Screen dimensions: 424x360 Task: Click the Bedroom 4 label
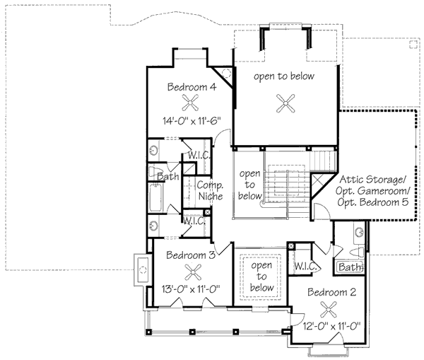click(192, 87)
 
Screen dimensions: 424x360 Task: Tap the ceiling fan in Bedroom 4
click(190, 103)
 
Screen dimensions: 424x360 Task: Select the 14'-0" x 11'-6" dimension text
click(192, 121)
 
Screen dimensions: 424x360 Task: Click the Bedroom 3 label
click(191, 255)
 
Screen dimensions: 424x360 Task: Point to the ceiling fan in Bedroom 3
click(193, 272)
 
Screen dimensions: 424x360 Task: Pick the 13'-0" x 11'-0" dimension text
click(190, 289)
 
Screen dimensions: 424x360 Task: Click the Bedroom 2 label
click(332, 292)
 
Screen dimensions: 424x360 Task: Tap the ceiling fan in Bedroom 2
click(329, 309)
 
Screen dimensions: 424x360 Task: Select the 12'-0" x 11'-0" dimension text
click(332, 326)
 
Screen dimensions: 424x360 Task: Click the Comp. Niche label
click(211, 190)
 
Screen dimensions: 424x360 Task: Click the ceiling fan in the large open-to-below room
click(285, 103)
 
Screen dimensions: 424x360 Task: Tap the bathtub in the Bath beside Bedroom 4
click(155, 197)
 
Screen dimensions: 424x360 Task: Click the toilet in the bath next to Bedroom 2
click(356, 252)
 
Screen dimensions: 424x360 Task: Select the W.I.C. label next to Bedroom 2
click(305, 266)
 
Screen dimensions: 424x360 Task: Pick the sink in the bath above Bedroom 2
click(360, 232)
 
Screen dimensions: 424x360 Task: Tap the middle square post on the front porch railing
click(192, 332)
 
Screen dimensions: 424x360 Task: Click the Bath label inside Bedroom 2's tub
click(350, 267)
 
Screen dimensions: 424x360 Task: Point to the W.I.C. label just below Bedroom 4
click(199, 156)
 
